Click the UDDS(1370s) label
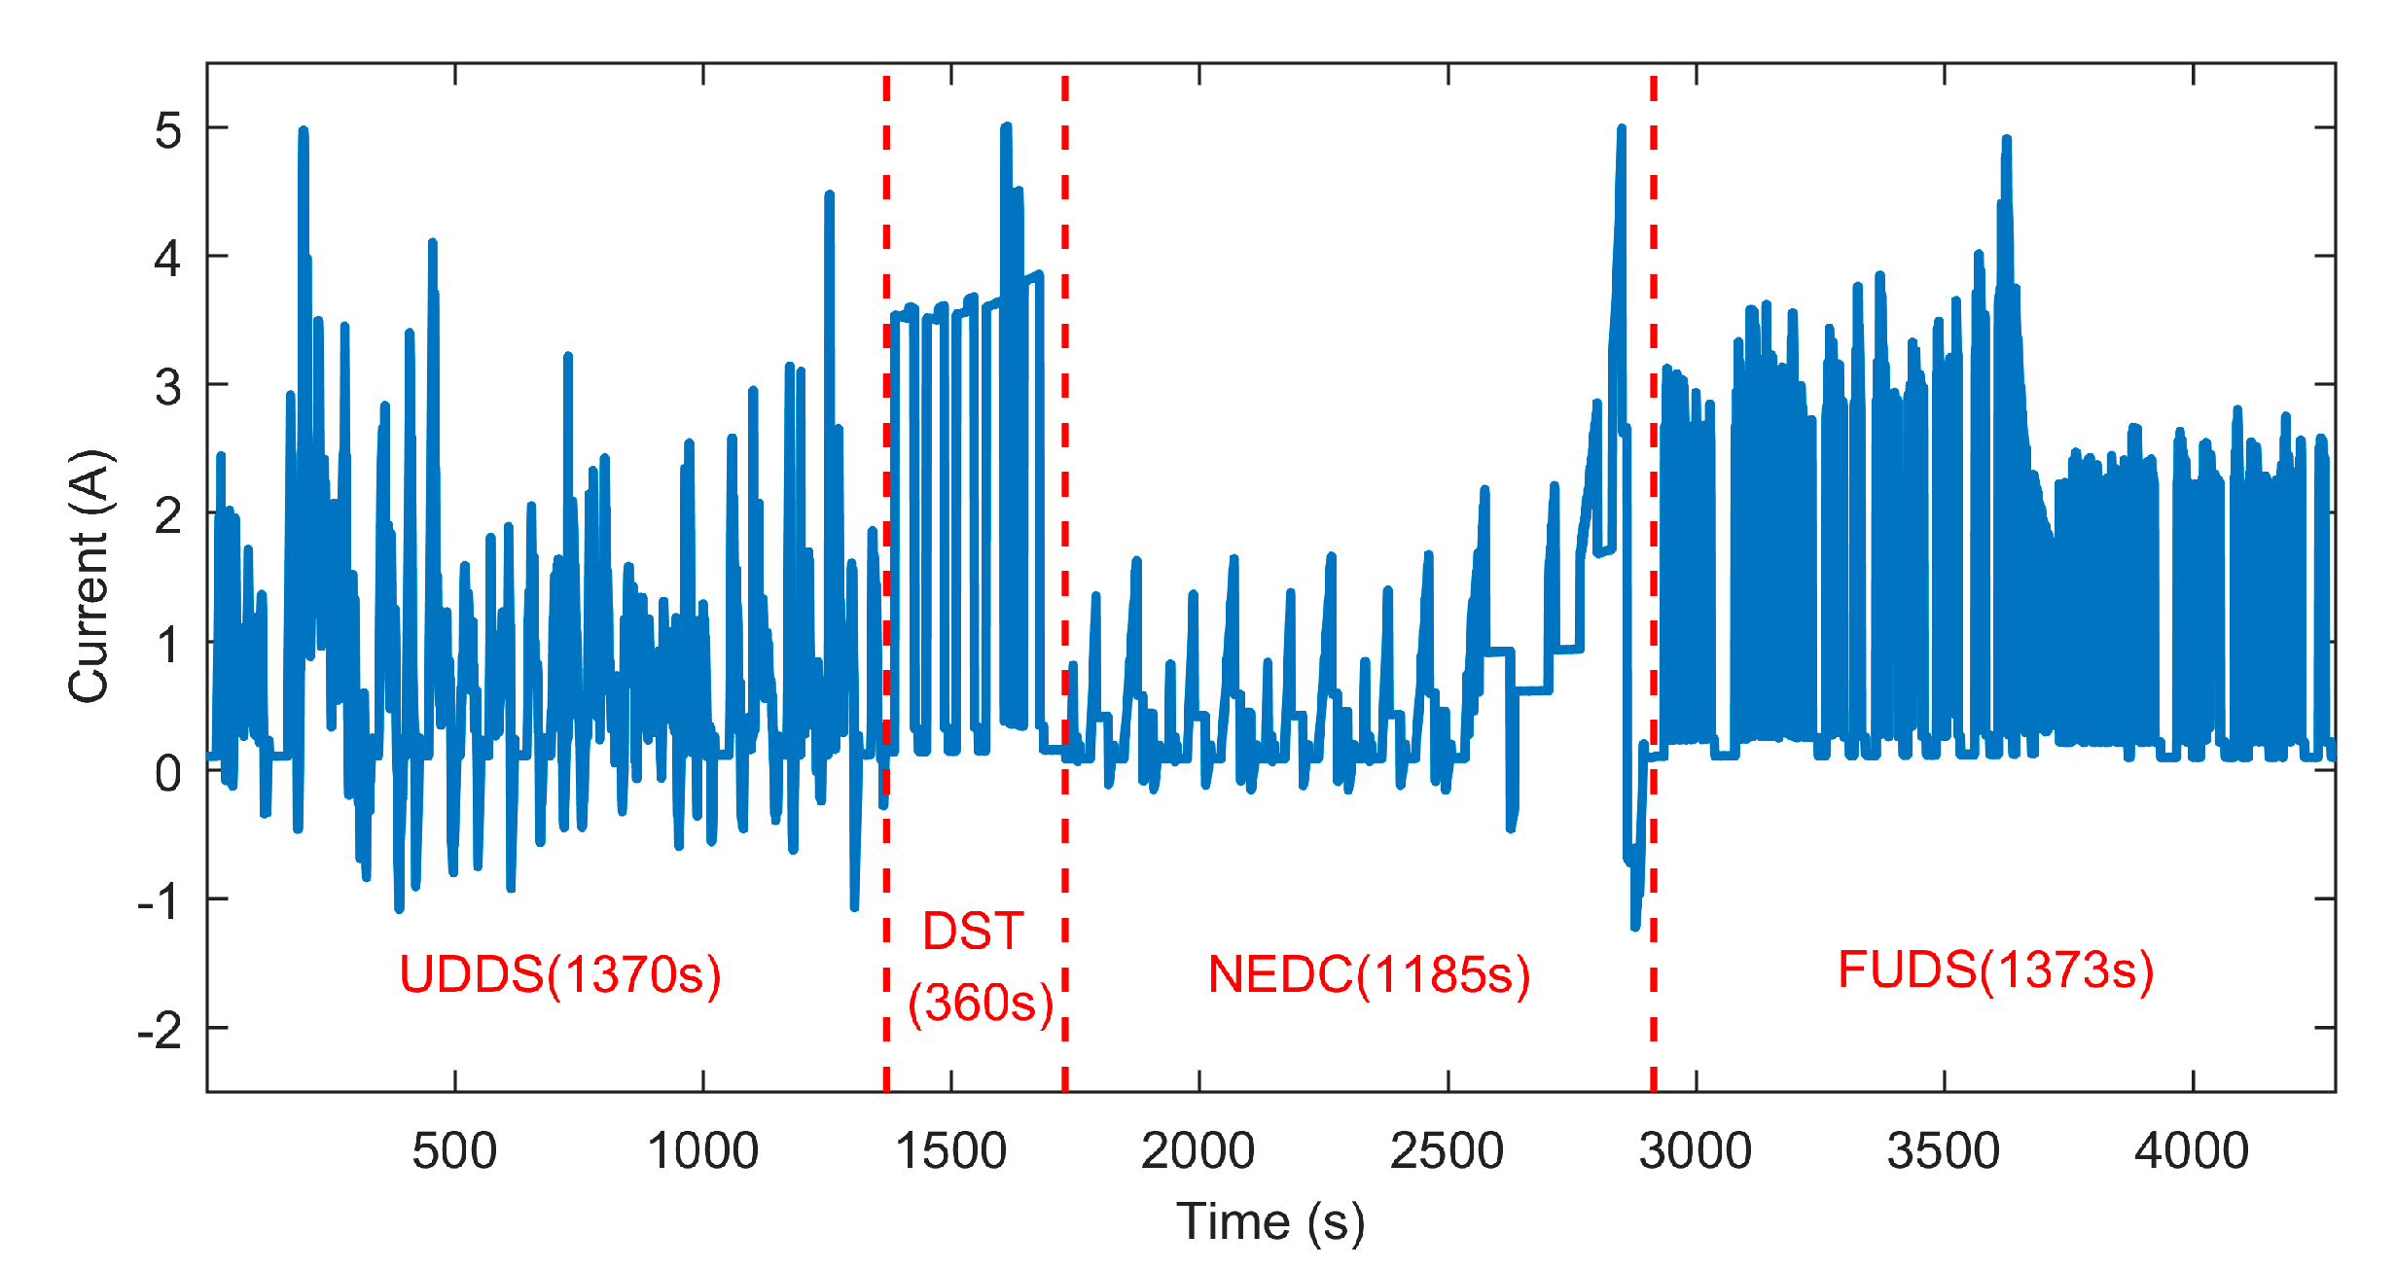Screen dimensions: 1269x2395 (x=560, y=974)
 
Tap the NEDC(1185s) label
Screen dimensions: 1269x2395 (x=1369, y=974)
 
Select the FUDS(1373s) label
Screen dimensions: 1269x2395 (x=1995, y=969)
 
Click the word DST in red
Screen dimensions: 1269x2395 (x=973, y=932)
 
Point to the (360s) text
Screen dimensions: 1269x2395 (x=981, y=1003)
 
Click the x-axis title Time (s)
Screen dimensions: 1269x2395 (x=1270, y=1221)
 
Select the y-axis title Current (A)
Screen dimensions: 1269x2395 (x=89, y=576)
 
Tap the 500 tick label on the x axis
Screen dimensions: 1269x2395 (x=454, y=1151)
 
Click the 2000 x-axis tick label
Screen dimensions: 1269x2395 (x=1197, y=1151)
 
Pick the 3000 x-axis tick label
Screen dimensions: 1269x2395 (x=1696, y=1151)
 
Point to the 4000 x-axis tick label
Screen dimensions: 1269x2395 (x=2192, y=1151)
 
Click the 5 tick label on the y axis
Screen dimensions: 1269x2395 (x=167, y=129)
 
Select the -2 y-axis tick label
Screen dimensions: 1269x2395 (x=160, y=1030)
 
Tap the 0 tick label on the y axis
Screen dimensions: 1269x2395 (x=167, y=773)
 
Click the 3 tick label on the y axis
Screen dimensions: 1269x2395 (x=167, y=387)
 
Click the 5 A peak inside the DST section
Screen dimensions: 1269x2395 (x=1006, y=128)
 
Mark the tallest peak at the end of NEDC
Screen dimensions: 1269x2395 (x=1622, y=129)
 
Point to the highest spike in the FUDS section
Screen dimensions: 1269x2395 (x=2007, y=141)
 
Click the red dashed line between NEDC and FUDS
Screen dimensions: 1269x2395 (x=1654, y=583)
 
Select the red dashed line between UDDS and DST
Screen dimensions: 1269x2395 (x=886, y=583)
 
